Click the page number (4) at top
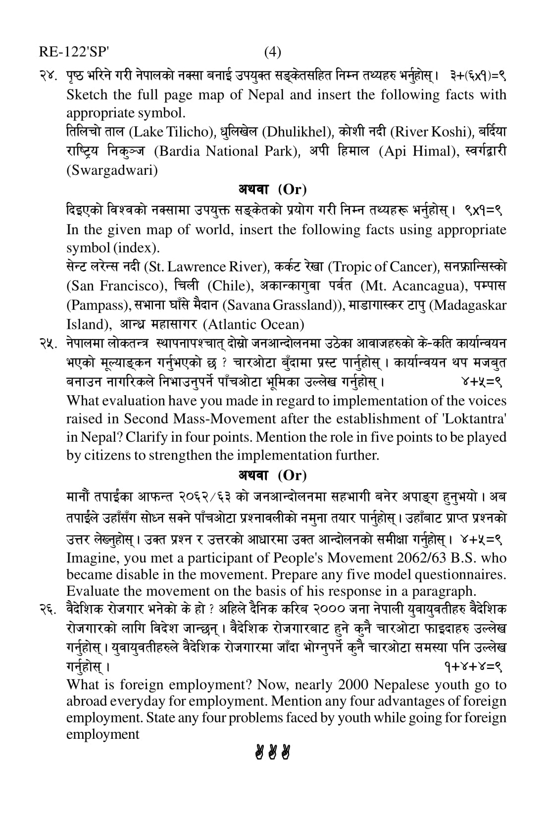click(272, 52)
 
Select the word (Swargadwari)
click(112, 170)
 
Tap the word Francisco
click(134, 286)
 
